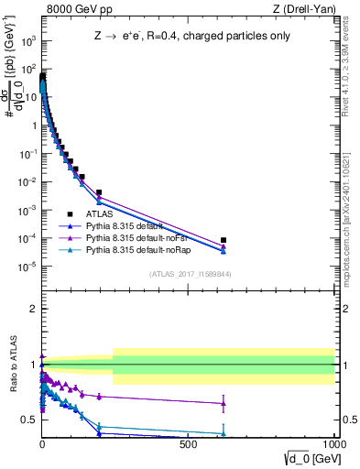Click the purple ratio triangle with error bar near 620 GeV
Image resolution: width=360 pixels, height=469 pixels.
[x=224, y=403]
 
